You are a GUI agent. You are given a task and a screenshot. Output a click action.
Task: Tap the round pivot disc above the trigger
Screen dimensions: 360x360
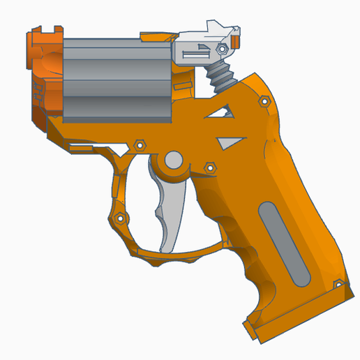[x=172, y=162]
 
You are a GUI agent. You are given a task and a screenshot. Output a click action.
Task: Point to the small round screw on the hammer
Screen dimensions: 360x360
[x=222, y=50]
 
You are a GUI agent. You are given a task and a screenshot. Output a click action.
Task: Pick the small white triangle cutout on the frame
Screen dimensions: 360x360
[x=227, y=142]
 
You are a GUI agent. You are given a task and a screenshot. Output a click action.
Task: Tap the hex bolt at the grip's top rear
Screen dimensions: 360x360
[x=264, y=102]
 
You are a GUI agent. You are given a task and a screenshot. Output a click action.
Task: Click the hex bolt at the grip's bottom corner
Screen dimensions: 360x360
[x=338, y=285]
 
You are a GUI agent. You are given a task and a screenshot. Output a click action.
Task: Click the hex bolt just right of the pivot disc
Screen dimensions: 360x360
[x=209, y=167]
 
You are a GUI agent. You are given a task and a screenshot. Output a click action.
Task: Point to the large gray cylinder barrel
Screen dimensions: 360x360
[x=117, y=77]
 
